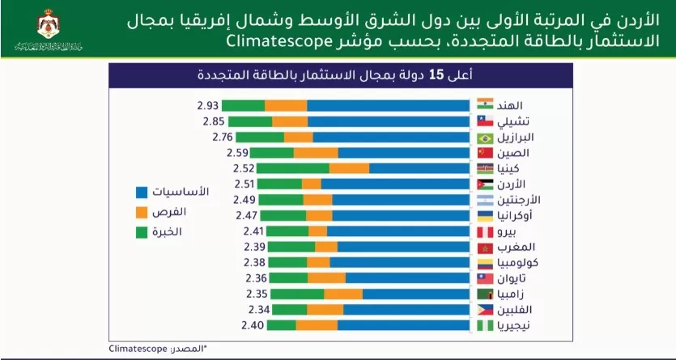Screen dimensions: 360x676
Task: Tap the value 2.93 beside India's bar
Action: coord(207,106)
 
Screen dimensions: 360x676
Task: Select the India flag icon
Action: coord(485,106)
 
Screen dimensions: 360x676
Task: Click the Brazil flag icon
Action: coord(485,137)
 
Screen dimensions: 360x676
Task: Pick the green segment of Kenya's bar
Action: coord(292,168)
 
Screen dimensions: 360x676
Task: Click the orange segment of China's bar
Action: coord(316,153)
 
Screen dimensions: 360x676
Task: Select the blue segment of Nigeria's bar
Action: coord(403,325)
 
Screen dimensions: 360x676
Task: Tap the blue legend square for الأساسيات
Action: coord(141,193)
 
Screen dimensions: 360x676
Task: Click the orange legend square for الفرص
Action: coord(141,213)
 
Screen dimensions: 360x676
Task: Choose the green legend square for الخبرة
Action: coord(141,233)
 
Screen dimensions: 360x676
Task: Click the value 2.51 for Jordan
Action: coord(244,184)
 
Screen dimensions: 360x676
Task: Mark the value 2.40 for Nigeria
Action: coord(253,325)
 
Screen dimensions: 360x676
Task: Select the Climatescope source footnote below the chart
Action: coord(159,348)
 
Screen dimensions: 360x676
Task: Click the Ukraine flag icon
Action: coord(485,215)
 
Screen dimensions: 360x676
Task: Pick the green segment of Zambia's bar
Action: coord(296,294)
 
